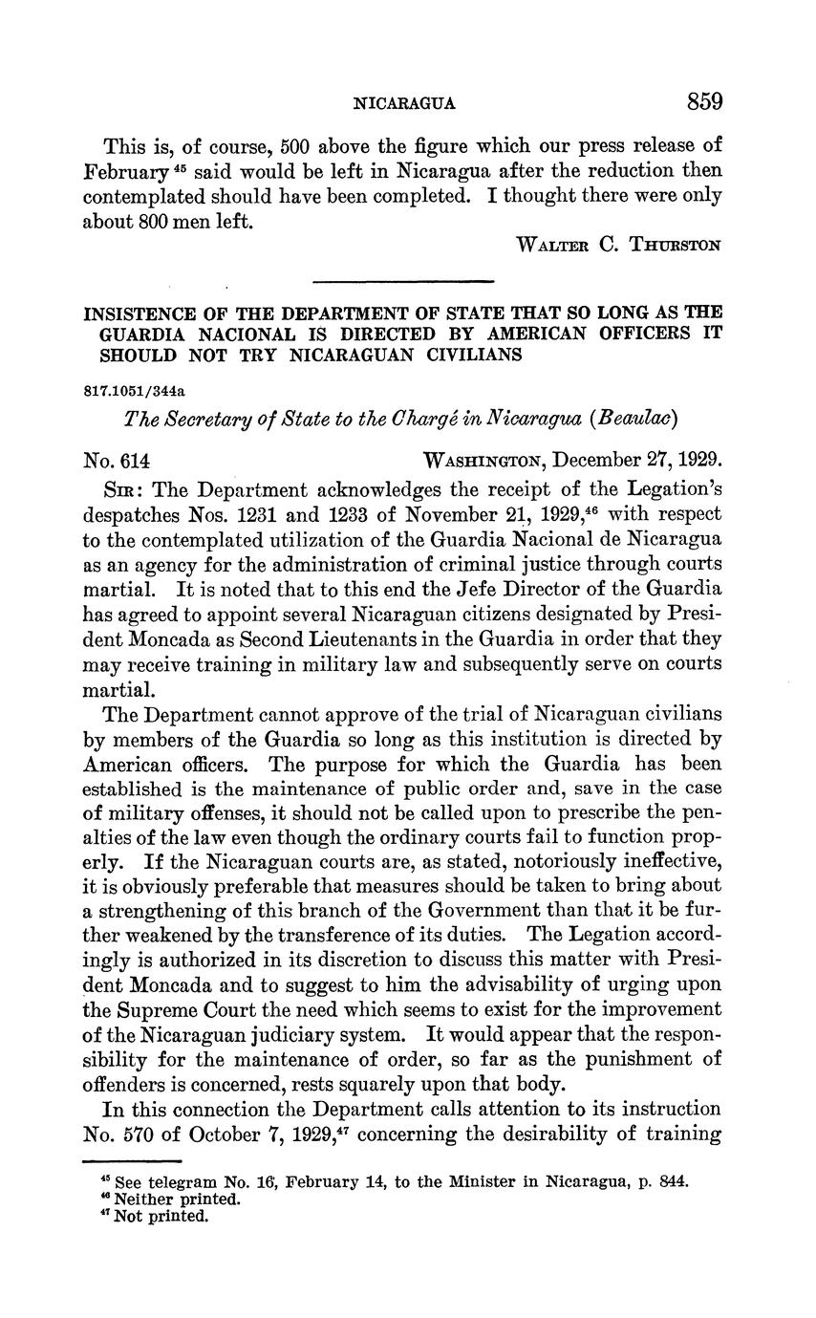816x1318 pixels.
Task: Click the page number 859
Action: pyautogui.click(x=703, y=101)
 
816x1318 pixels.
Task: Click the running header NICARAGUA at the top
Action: pyautogui.click(x=404, y=103)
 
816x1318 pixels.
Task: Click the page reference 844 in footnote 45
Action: pyautogui.click(x=674, y=1180)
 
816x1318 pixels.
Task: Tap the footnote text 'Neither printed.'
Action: pyautogui.click(x=177, y=1199)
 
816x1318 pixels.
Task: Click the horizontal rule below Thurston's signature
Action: pyautogui.click(x=402, y=281)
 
